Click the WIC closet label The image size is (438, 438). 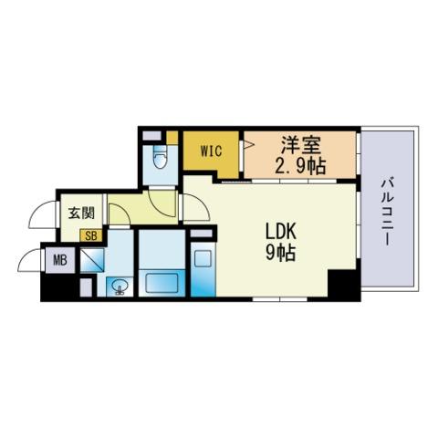tap(211, 151)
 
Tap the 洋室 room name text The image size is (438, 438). tap(300, 145)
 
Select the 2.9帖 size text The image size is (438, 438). tap(300, 166)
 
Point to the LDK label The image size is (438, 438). tap(281, 233)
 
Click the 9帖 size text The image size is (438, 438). tap(281, 253)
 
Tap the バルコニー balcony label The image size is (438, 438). tap(388, 213)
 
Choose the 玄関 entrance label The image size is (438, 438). tap(81, 214)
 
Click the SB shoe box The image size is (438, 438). tap(91, 235)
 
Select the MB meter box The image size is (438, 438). tap(60, 260)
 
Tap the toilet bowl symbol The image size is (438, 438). tap(161, 156)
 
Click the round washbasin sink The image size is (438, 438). tap(120, 287)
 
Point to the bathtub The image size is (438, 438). tap(162, 283)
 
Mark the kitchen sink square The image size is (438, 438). tap(203, 258)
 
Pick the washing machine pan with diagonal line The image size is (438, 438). tap(92, 260)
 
